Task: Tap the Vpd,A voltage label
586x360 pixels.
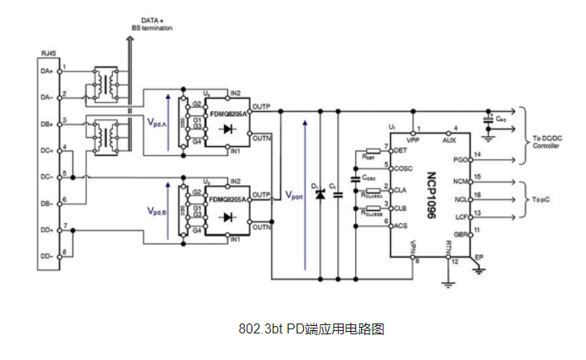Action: (x=156, y=122)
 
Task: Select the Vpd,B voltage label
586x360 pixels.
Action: (x=156, y=210)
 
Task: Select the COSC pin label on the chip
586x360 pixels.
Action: (x=403, y=168)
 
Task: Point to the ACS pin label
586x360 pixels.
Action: (x=401, y=225)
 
